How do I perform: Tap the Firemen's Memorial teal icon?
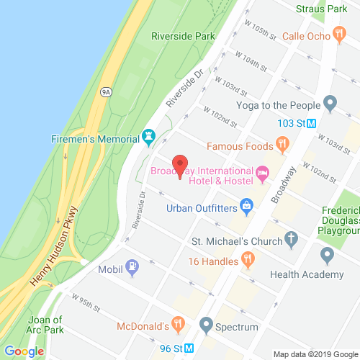[149, 135]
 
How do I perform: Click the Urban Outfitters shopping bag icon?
[246, 207]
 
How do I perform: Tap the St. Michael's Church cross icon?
[291, 238]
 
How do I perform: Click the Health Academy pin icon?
[327, 253]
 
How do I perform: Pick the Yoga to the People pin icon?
[330, 104]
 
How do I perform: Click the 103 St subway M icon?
[311, 122]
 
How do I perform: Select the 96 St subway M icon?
[189, 348]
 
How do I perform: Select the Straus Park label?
[323, 9]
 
